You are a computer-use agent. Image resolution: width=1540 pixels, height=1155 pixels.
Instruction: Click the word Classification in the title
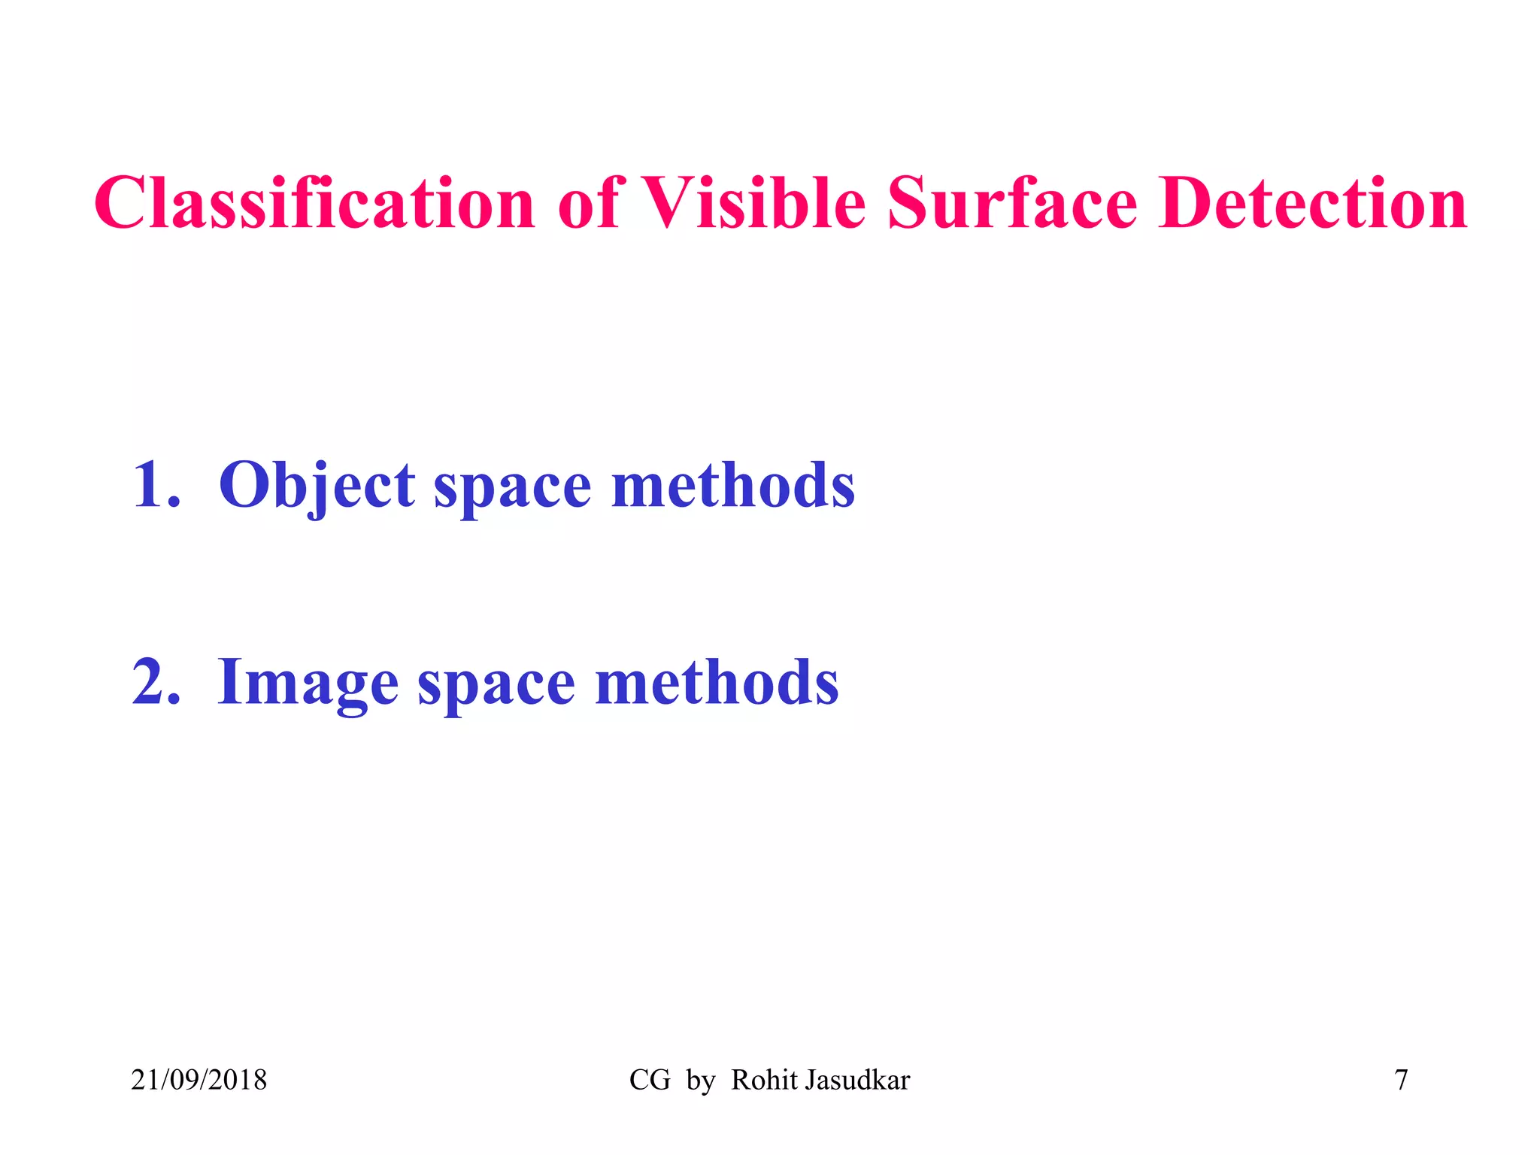pos(314,203)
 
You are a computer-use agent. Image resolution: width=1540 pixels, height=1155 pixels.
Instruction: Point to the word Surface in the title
pos(1012,203)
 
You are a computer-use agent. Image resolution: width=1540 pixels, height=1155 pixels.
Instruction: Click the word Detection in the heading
pos(1312,203)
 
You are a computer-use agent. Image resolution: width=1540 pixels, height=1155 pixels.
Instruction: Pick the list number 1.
pos(155,485)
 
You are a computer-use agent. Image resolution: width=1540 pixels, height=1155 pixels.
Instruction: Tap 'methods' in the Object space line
pos(733,485)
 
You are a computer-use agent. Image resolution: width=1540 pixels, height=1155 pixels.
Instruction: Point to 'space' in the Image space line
pos(496,686)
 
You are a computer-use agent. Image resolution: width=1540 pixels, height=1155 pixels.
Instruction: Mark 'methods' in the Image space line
pos(717,682)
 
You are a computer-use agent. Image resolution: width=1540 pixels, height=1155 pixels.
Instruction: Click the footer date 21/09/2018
pos(199,1080)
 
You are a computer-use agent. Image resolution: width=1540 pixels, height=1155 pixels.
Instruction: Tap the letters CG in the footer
pos(650,1080)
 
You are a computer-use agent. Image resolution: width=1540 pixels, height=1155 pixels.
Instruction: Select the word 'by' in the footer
pos(701,1081)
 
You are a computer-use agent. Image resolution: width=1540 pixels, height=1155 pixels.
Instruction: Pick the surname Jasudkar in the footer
pos(857,1080)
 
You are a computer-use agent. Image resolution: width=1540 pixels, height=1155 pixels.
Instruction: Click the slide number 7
pos(1401,1080)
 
